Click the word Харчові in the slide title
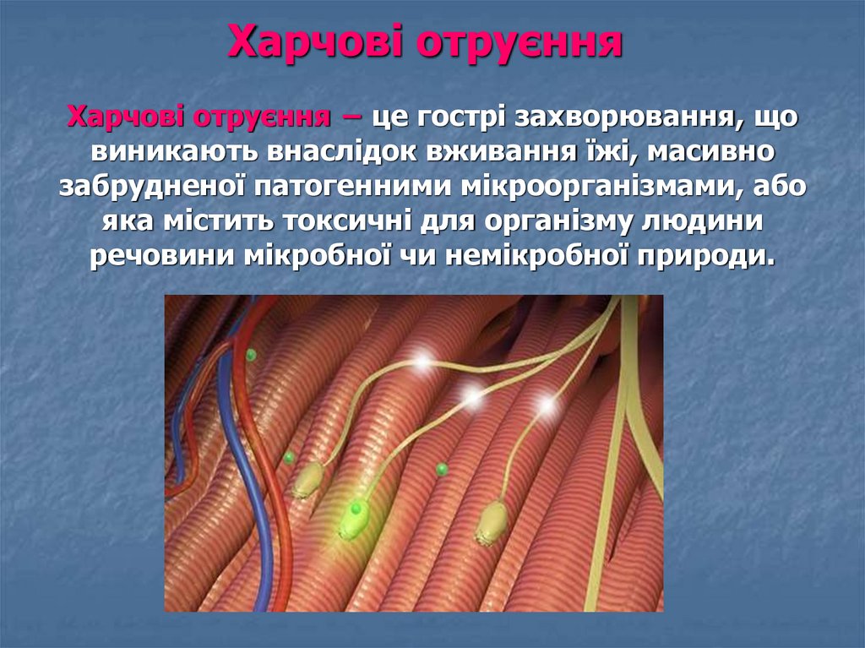click(311, 42)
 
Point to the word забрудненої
click(152, 188)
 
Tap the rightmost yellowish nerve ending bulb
click(490, 522)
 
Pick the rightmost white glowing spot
click(547, 406)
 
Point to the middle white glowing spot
click(472, 393)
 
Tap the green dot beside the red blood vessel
click(251, 355)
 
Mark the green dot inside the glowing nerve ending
click(356, 509)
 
